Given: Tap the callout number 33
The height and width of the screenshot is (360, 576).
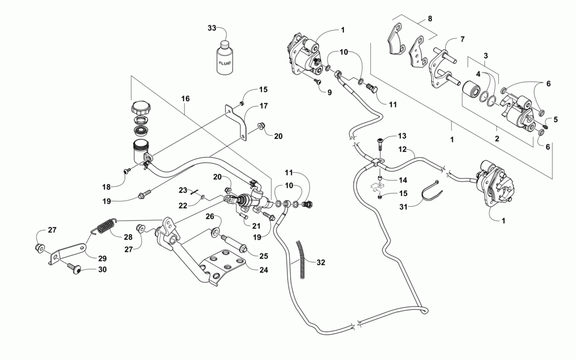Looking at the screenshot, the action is pos(212,28).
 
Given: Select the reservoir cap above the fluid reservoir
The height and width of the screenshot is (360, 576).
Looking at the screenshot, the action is pos(140,107).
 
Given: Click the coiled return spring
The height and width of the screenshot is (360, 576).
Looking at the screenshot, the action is pos(105,226).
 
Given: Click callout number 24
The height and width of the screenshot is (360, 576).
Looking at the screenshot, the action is pos(263,270).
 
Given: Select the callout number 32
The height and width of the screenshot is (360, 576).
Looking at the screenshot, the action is pos(321,262).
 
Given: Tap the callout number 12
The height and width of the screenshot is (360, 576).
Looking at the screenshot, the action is pos(402,150).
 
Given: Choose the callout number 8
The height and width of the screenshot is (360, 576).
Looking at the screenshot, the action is pos(430,18).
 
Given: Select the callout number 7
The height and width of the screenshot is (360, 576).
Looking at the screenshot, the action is pos(462,39).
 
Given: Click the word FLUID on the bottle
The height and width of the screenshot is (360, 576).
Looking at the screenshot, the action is pos(225,63).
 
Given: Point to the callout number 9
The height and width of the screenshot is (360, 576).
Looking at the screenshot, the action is pos(329,93).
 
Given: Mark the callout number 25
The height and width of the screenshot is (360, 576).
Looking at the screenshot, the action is pos(263,256).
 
